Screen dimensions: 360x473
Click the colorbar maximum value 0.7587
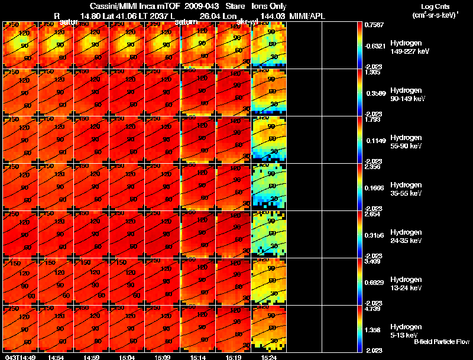[375, 25]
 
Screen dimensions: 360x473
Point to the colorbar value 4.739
[375, 309]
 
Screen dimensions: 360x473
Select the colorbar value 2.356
[375, 167]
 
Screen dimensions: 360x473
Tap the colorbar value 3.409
[375, 262]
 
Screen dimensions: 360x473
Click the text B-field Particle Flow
[441, 342]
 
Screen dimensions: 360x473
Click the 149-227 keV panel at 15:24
[269, 45]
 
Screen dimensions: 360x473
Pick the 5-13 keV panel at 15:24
[269, 329]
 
